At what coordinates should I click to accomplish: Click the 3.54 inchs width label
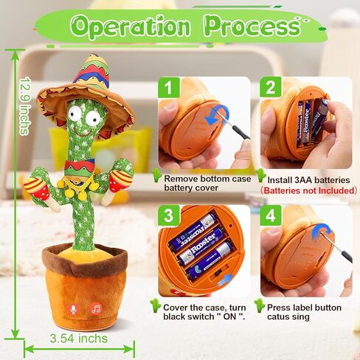78,339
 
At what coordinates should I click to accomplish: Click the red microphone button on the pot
74,309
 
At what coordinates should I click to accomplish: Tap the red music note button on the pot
96,309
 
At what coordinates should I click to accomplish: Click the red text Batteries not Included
302,190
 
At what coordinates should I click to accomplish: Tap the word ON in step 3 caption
229,316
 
